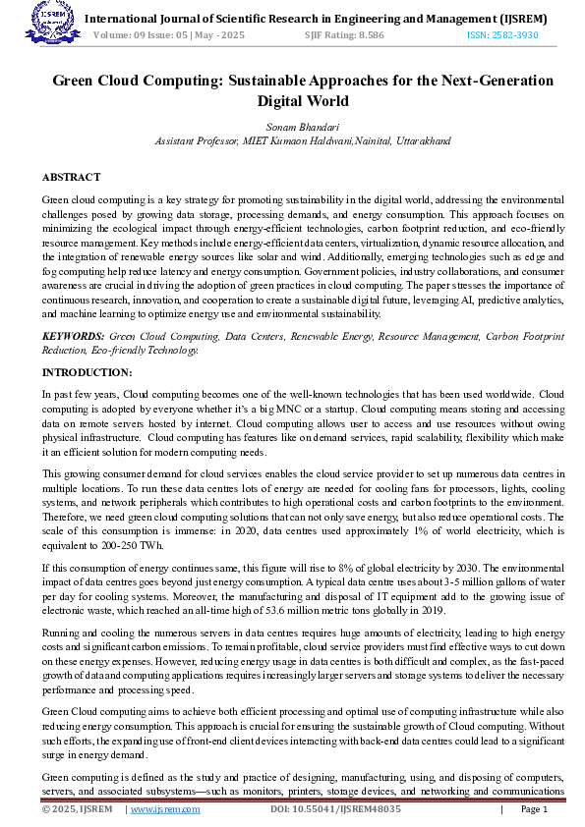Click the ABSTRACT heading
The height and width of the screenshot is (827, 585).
click(71, 177)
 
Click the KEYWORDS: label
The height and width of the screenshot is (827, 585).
click(73, 336)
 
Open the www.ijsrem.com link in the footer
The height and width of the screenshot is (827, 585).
click(165, 809)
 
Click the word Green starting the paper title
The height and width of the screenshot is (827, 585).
click(79, 81)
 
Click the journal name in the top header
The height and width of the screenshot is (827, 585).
click(317, 18)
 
